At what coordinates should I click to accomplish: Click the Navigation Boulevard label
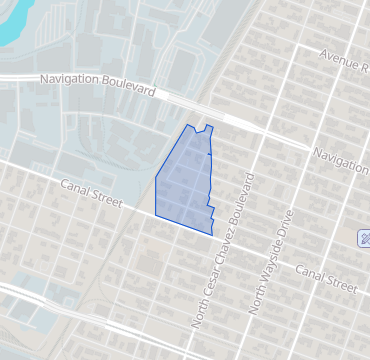[97, 83]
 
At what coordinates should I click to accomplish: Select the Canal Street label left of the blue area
[91, 194]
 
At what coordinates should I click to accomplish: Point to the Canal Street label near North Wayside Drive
[326, 278]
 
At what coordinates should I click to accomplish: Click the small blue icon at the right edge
[365, 238]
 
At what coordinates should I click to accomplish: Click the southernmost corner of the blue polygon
[211, 234]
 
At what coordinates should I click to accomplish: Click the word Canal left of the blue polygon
[76, 187]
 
